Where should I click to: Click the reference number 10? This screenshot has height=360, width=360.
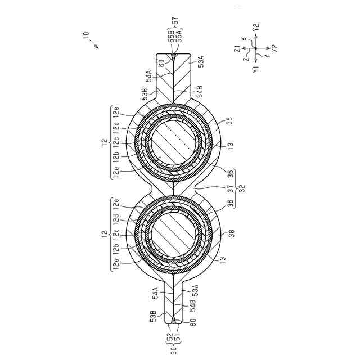[85, 35]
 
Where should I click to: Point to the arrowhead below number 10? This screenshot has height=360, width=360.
[97, 47]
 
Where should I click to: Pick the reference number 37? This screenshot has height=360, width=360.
[231, 188]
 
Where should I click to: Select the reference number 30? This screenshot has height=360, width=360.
[174, 350]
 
